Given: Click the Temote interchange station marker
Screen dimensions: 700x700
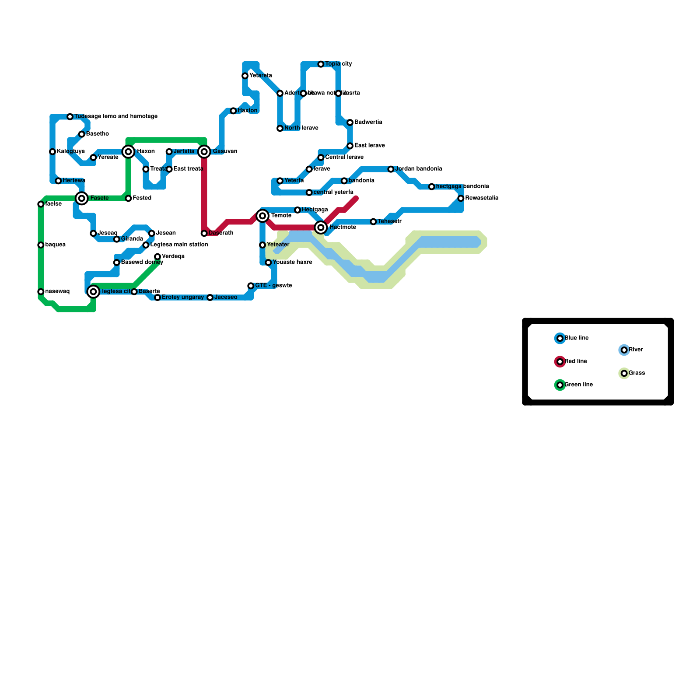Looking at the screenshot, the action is (x=262, y=216).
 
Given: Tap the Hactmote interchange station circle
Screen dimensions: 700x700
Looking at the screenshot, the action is (x=321, y=227).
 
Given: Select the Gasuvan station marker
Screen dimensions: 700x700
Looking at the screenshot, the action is (x=204, y=152).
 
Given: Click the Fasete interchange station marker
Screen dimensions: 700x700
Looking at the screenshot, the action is (x=82, y=198).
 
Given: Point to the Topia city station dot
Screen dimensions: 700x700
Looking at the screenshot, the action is (x=321, y=64).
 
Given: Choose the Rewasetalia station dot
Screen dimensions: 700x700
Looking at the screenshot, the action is (x=461, y=199).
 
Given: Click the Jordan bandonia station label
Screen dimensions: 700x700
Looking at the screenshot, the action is (x=418, y=169).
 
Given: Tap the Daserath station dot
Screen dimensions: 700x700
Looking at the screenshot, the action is (x=204, y=234).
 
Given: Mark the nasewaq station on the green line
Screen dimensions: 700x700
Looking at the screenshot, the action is (x=41, y=292).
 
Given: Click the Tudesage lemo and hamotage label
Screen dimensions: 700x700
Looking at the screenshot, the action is (x=115, y=116).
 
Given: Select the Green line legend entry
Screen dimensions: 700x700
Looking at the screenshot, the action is (x=578, y=385).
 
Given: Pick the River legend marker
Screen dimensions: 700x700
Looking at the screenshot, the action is (x=624, y=350).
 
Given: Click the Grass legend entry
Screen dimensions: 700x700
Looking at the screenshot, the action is (x=637, y=373).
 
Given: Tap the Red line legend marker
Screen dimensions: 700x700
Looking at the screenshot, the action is (x=560, y=362).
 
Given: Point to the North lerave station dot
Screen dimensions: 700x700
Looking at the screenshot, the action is (x=280, y=129).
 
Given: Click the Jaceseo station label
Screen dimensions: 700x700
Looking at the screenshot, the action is (x=226, y=297).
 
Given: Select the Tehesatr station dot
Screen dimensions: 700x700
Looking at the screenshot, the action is (x=373, y=222).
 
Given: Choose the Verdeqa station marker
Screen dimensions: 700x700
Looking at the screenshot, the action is (x=157, y=257).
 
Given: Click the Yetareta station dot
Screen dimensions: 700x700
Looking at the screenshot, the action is (x=245, y=76).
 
